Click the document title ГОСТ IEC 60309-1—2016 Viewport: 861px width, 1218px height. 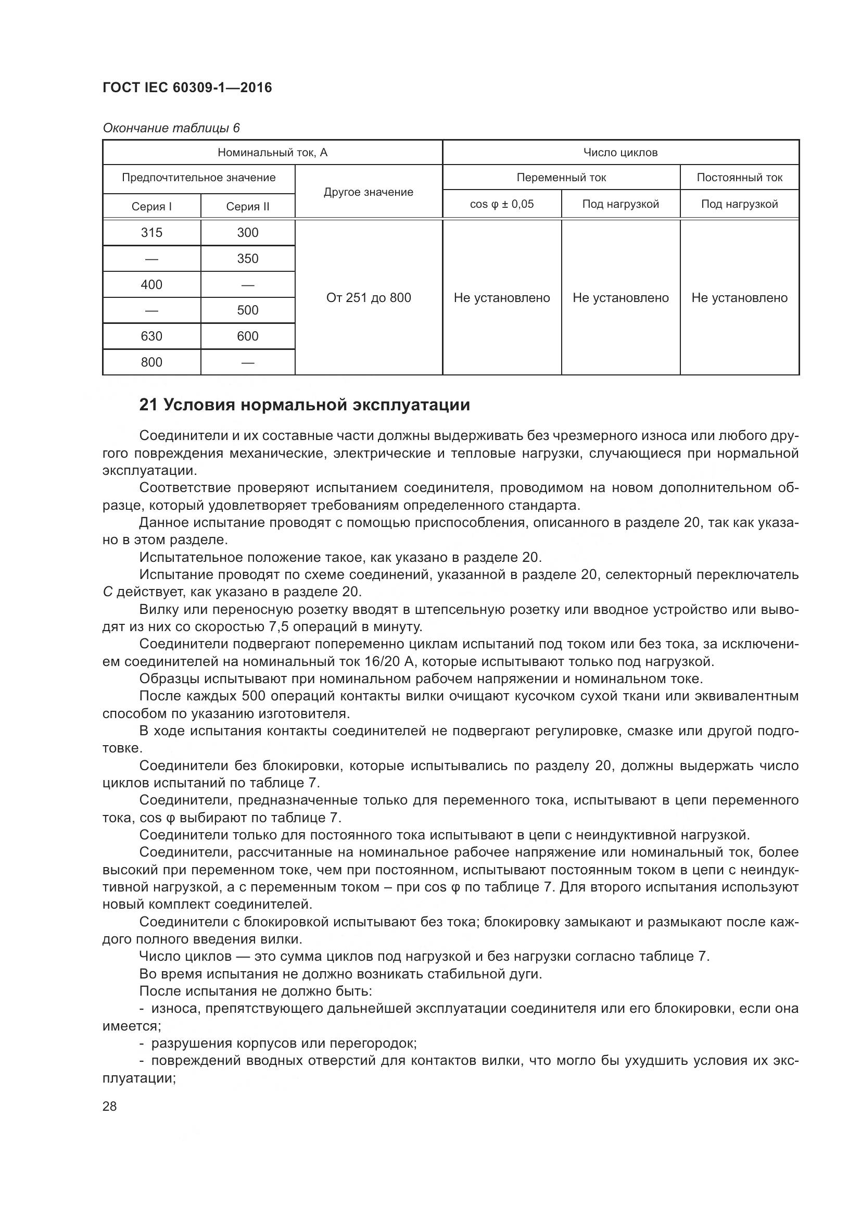click(x=187, y=87)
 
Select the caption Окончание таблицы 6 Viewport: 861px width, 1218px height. click(x=171, y=128)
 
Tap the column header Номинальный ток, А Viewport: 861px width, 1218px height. click(x=272, y=153)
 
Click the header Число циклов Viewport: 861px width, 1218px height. click(x=621, y=153)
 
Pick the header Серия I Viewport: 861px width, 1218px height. click(x=151, y=207)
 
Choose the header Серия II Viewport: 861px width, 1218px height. click(x=248, y=207)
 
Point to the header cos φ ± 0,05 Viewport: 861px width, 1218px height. click(x=501, y=204)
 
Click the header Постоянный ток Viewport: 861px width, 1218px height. click(x=739, y=178)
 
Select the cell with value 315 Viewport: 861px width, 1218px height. click(x=151, y=233)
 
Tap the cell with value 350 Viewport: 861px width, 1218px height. click(x=248, y=259)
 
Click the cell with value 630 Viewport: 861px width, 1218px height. click(x=151, y=336)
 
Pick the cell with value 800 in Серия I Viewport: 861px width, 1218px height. click(x=151, y=362)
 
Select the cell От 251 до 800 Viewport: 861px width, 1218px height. click(x=369, y=298)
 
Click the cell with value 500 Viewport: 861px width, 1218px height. click(x=248, y=310)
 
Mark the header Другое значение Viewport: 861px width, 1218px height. click(x=369, y=192)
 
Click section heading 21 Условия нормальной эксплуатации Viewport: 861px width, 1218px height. click(x=305, y=405)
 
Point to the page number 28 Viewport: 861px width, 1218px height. click(x=110, y=1106)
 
